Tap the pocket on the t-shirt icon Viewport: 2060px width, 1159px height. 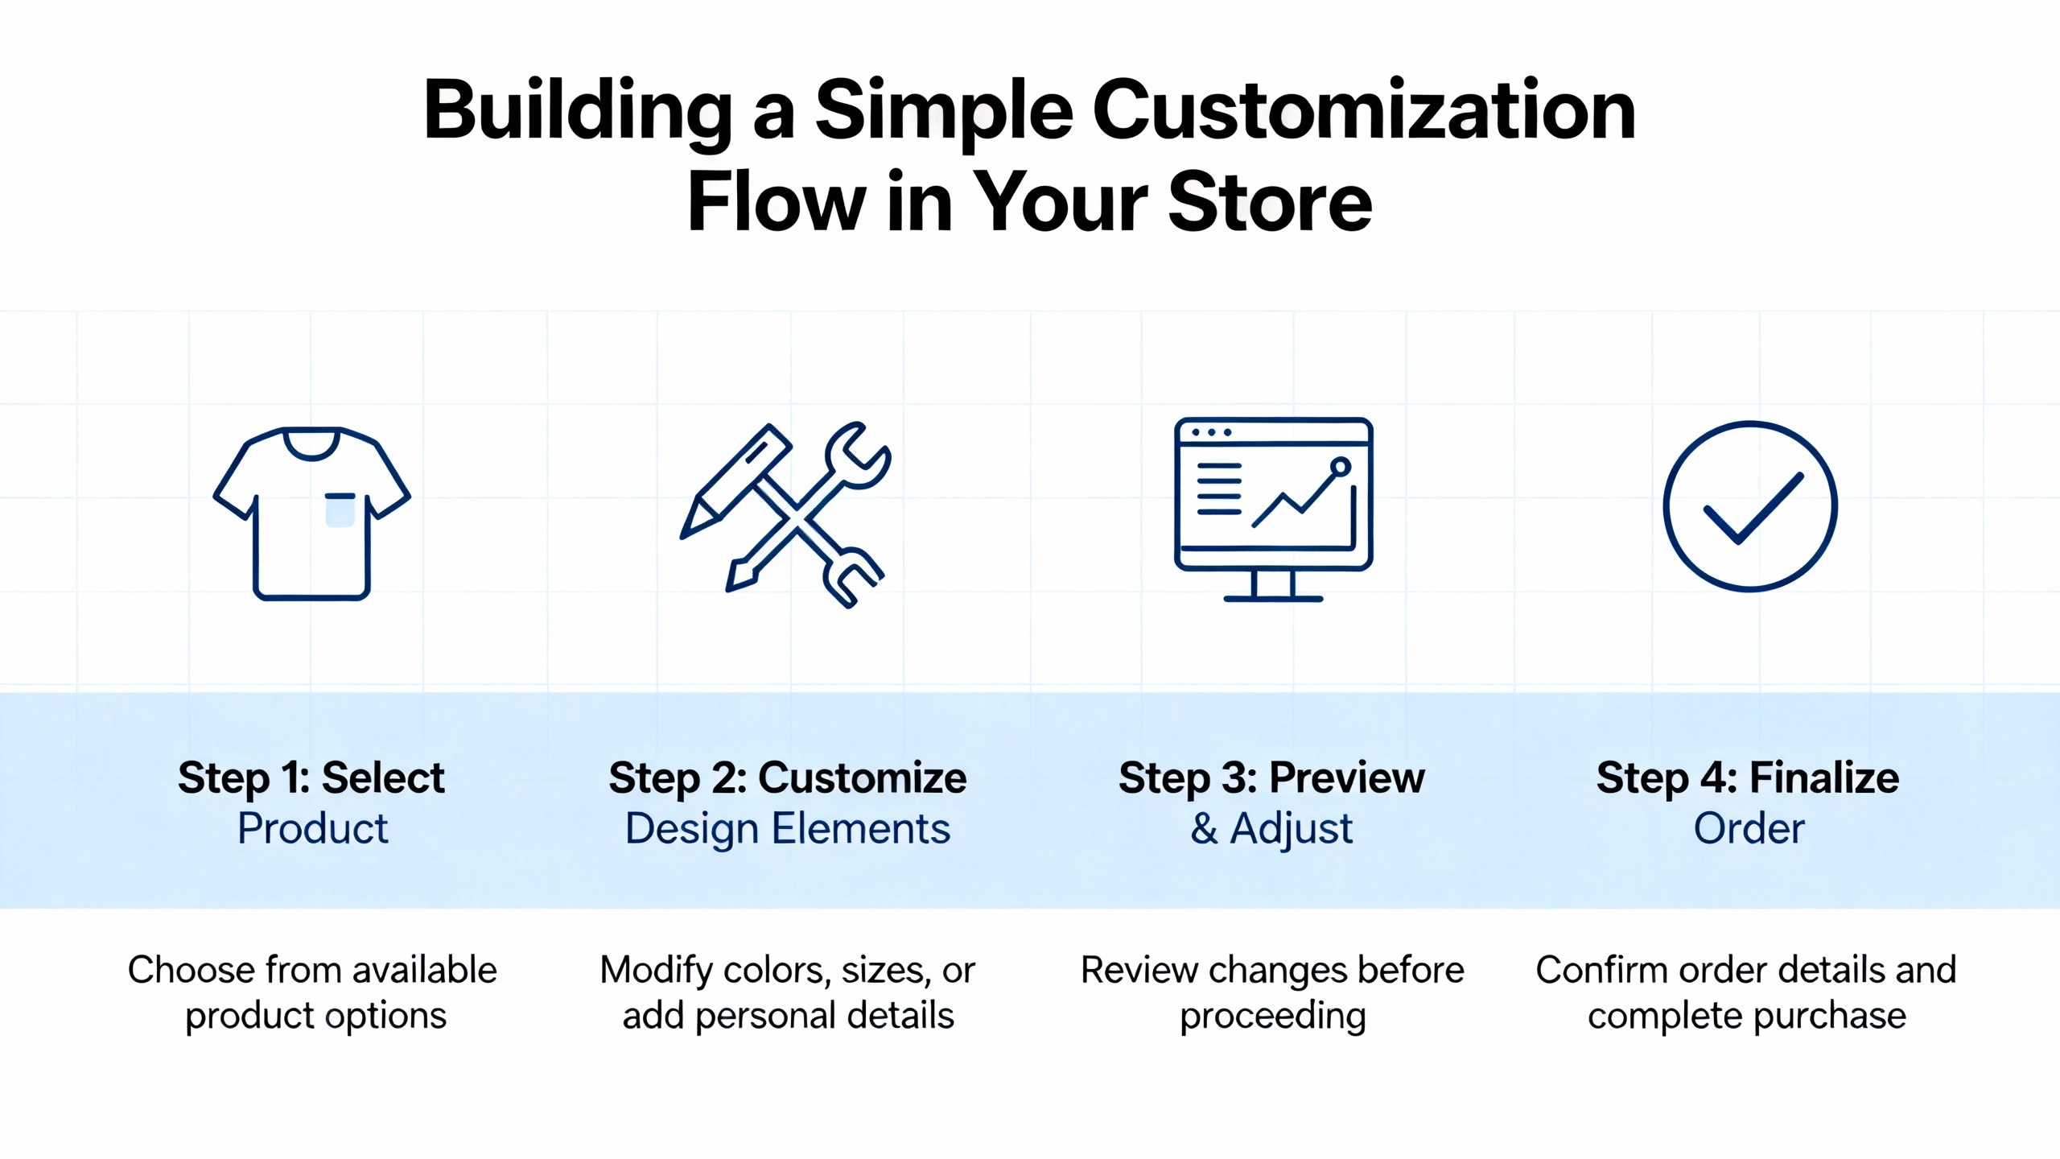(x=340, y=510)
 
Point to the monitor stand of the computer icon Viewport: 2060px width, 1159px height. (x=1273, y=586)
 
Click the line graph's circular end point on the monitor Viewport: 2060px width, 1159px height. (x=1340, y=467)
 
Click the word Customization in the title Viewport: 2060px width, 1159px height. (x=1363, y=111)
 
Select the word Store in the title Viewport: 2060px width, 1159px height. (x=1270, y=203)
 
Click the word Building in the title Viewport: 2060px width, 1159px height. (x=578, y=111)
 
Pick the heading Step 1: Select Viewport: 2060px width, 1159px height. (x=311, y=777)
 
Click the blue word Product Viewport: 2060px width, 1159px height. (x=312, y=829)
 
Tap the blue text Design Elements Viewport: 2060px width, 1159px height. (x=788, y=829)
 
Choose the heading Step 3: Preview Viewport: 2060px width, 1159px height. (x=1271, y=777)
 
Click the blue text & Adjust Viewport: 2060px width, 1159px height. (x=1271, y=829)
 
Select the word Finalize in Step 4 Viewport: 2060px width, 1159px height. (x=1824, y=777)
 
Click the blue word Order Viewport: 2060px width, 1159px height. (x=1749, y=829)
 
